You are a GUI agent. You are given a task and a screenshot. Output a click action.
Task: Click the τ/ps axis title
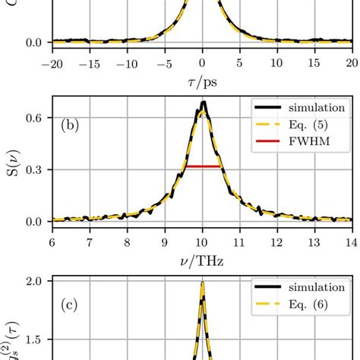(202, 81)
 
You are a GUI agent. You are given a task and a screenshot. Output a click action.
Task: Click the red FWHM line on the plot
(202, 166)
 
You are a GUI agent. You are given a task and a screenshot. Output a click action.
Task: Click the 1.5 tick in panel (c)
(33, 341)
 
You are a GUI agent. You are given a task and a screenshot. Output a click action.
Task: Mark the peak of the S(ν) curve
(203, 103)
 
